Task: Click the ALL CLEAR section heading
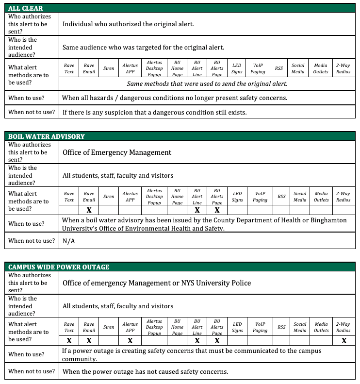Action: coord(26,8)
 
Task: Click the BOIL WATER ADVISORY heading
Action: coord(47,136)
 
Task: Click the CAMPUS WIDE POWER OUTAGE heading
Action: coord(59,267)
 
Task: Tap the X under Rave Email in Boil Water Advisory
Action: coord(89,210)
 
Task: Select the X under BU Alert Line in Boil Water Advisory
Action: coord(197,210)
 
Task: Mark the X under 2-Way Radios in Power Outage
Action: coord(344,341)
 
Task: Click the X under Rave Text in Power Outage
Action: coord(69,341)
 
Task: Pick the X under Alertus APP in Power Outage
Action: coord(130,341)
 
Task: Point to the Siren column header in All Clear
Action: coord(109,68)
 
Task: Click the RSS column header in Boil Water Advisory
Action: coord(281,197)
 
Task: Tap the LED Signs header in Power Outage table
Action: coord(237,327)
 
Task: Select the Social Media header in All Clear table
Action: coord(298,68)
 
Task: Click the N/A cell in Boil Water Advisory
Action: coord(69,241)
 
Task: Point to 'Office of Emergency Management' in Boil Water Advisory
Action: coord(117,152)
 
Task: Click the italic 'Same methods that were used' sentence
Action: coord(207,83)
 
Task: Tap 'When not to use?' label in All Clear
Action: coord(32,112)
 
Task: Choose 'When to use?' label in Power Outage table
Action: coord(26,354)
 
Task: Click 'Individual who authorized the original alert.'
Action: coord(128,24)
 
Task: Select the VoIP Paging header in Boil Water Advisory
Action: coord(260,197)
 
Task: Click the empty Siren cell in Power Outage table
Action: coord(109,341)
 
